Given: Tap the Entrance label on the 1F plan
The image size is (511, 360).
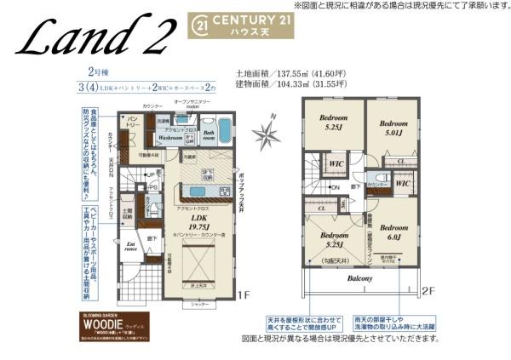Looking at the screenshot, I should pyautogui.click(x=130, y=248).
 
